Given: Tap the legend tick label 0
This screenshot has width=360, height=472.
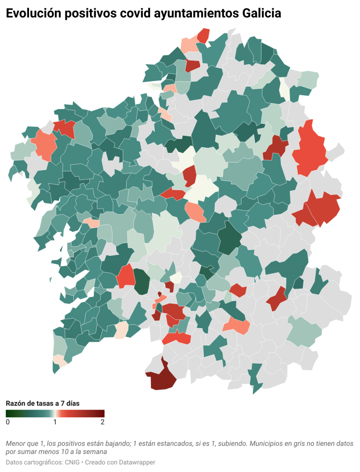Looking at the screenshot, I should pos(8,422).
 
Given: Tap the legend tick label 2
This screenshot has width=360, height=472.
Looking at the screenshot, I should pos(102,422).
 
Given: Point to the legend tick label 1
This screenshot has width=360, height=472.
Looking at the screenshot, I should pos(55,422).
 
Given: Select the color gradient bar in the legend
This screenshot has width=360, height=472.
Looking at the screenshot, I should pos(55,413).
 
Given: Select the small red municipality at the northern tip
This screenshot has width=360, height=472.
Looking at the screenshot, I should pos(204,35).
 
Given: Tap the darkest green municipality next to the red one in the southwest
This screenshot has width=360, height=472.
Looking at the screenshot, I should pos(141,282).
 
